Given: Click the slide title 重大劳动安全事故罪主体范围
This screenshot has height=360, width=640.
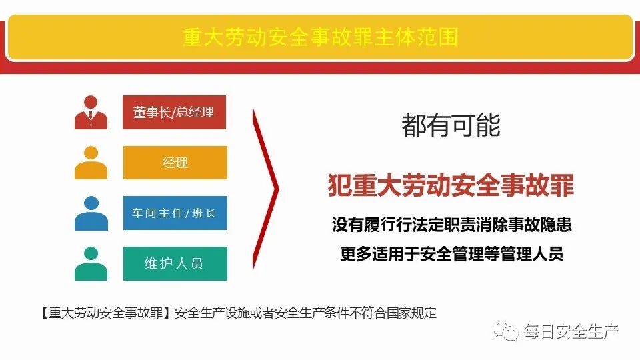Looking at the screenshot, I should (320, 37).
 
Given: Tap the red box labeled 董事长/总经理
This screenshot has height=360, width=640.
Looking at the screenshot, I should (175, 113).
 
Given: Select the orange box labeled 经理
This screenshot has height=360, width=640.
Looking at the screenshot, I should (175, 163).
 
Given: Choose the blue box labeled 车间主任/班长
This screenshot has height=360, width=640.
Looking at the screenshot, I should (175, 213).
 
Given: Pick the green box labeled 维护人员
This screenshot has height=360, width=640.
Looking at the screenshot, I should (175, 263).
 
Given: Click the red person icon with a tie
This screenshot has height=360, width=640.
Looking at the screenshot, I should (91, 113).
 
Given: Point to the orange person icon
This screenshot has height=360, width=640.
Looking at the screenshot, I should (91, 163).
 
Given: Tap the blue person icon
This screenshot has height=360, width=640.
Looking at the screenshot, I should (91, 213).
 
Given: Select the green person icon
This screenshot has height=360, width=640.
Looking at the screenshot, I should (91, 263).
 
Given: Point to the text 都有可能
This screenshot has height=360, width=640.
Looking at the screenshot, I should (451, 125).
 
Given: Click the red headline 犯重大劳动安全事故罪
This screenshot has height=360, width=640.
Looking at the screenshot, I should (451, 186).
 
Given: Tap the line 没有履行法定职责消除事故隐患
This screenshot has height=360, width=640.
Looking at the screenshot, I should (451, 225).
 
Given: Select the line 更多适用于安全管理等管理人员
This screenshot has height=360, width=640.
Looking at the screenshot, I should (451, 254).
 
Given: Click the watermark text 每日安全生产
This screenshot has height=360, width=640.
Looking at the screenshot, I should (571, 331).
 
